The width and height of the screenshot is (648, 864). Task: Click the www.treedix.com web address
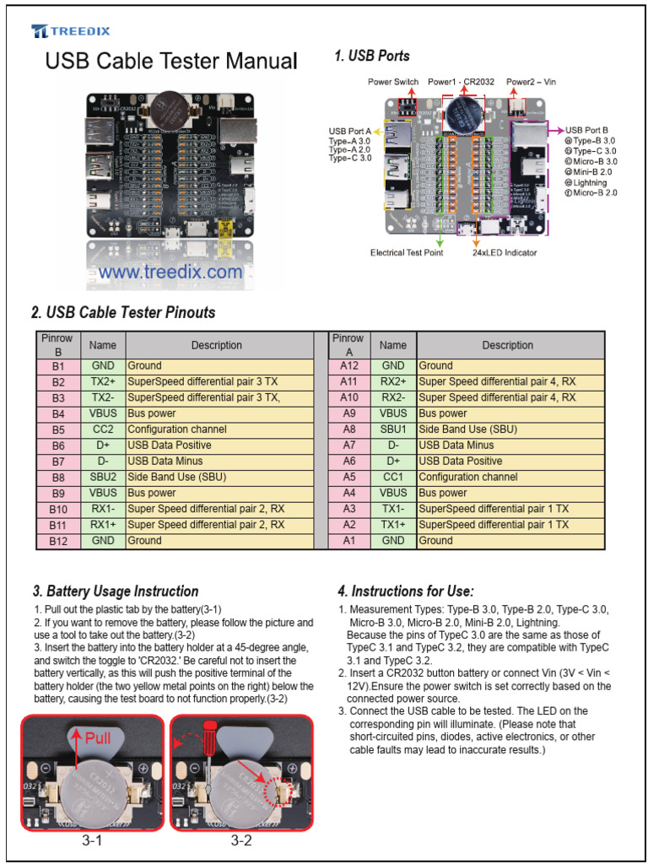point(170,273)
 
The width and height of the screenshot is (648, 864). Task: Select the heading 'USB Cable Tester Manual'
point(170,62)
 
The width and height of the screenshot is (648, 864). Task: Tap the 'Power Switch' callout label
point(393,82)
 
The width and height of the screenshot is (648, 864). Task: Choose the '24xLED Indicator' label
point(505,252)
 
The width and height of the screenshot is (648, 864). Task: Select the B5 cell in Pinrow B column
point(58,429)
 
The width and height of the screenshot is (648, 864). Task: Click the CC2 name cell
point(103,429)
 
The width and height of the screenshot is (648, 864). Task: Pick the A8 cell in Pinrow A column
point(348,429)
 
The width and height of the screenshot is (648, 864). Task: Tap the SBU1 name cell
point(393,429)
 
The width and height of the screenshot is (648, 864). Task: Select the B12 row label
point(58,541)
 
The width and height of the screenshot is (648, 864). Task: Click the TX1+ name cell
point(393,525)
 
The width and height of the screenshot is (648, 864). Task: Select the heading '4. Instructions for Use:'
point(406,591)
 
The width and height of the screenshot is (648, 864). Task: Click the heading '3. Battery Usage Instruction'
point(116,591)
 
